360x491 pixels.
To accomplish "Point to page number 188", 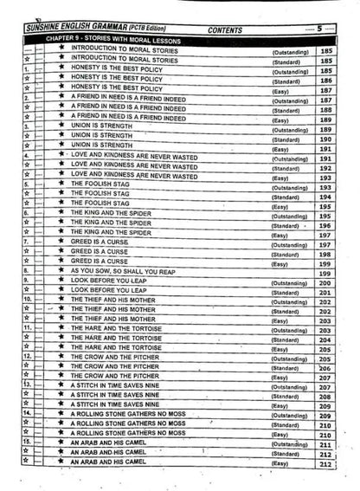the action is click(x=326, y=111).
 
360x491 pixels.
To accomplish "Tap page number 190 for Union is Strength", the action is click(x=326, y=139).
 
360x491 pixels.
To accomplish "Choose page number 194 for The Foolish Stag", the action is click(x=326, y=197).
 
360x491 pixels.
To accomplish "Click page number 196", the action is click(x=326, y=225).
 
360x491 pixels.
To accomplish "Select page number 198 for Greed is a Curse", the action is click(x=326, y=255).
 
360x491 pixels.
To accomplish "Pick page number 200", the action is click(x=326, y=283).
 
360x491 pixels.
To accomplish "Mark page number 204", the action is click(x=326, y=340).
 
